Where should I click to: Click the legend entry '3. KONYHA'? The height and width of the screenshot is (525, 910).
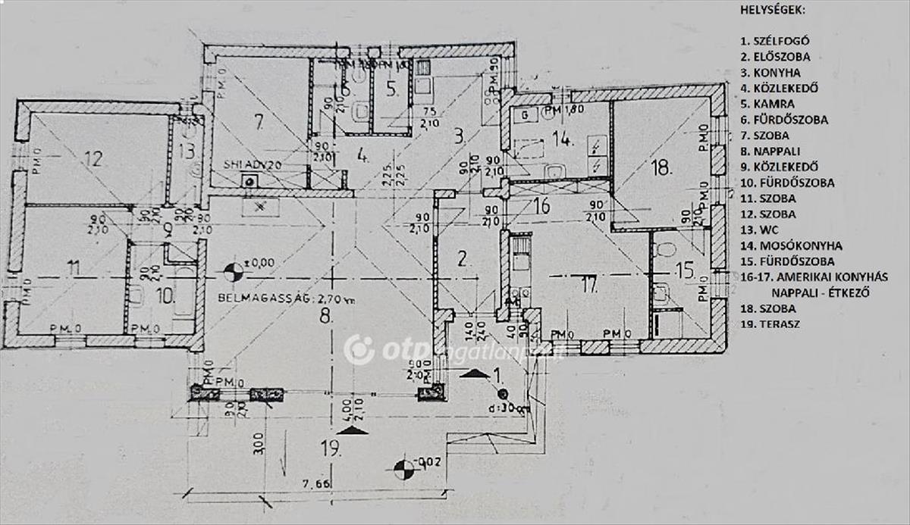point(772,73)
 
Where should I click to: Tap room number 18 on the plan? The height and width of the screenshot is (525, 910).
point(661,168)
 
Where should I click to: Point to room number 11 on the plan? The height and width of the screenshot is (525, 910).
point(73,267)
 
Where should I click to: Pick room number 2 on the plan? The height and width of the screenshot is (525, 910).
point(463,258)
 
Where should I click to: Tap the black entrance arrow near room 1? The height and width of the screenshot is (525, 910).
point(475,373)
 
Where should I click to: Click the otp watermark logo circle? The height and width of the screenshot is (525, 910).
point(359,349)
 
